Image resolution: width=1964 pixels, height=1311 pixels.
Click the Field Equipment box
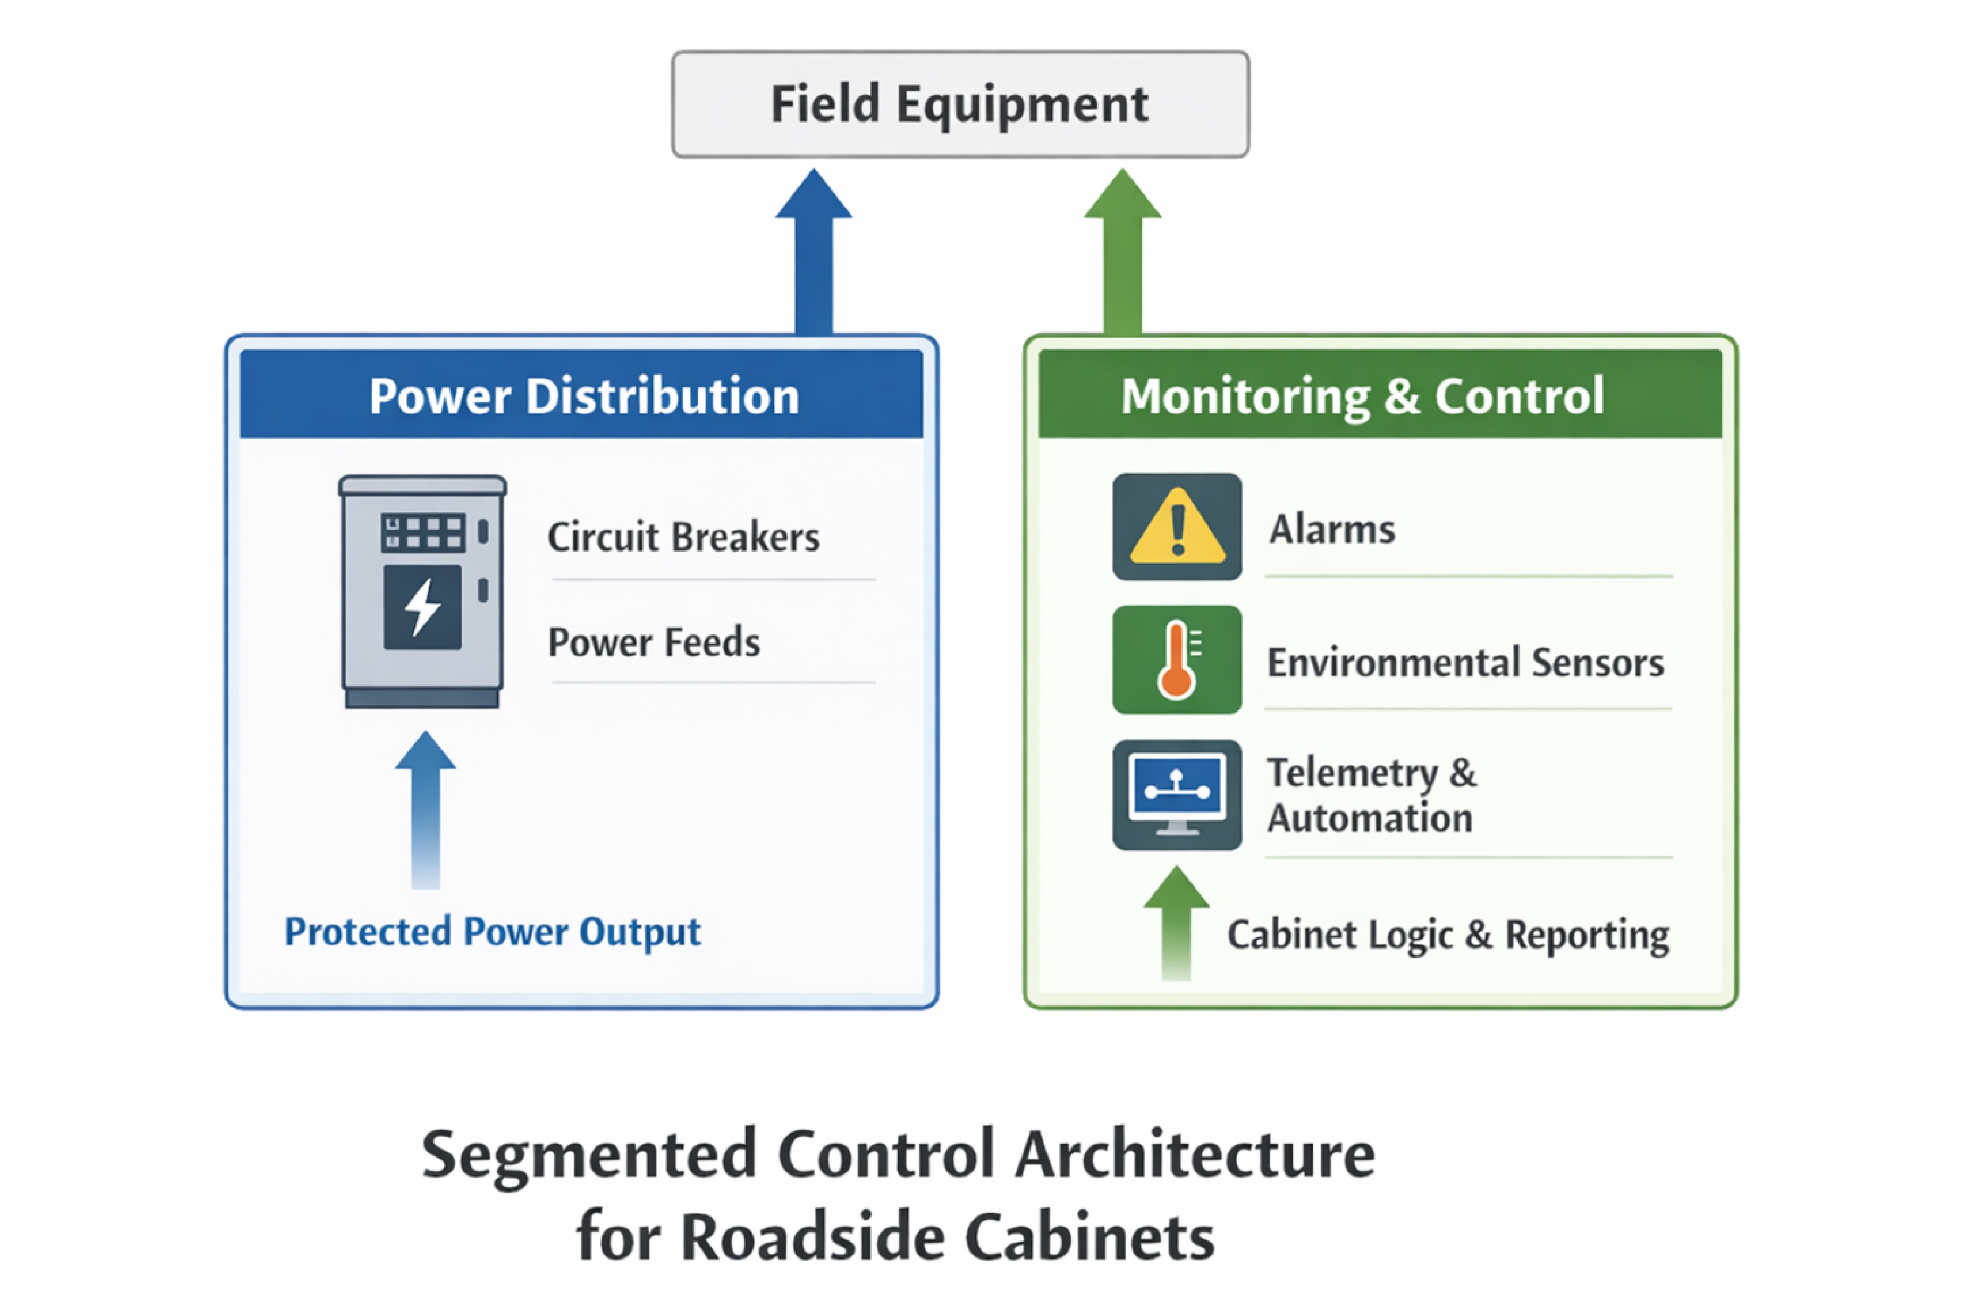(959, 104)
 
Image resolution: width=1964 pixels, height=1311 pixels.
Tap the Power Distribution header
(582, 395)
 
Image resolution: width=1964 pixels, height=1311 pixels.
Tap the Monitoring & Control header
(1362, 395)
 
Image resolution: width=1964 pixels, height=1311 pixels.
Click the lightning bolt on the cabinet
(422, 607)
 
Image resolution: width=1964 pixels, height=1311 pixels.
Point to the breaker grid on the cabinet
(422, 532)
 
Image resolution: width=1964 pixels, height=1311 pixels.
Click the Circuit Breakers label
(683, 537)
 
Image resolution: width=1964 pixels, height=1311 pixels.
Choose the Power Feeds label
(653, 642)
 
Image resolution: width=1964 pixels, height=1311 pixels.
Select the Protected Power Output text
(492, 931)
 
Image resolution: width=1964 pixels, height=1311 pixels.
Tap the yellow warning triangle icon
(1177, 527)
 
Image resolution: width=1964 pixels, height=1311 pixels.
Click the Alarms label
(1332, 529)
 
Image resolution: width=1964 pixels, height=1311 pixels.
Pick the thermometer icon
(1177, 660)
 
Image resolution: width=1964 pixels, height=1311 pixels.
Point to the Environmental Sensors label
(1465, 662)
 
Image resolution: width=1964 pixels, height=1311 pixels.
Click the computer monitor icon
(1177, 794)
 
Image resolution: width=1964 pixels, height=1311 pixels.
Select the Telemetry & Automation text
(1371, 795)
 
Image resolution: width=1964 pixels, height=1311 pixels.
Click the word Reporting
(1586, 935)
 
